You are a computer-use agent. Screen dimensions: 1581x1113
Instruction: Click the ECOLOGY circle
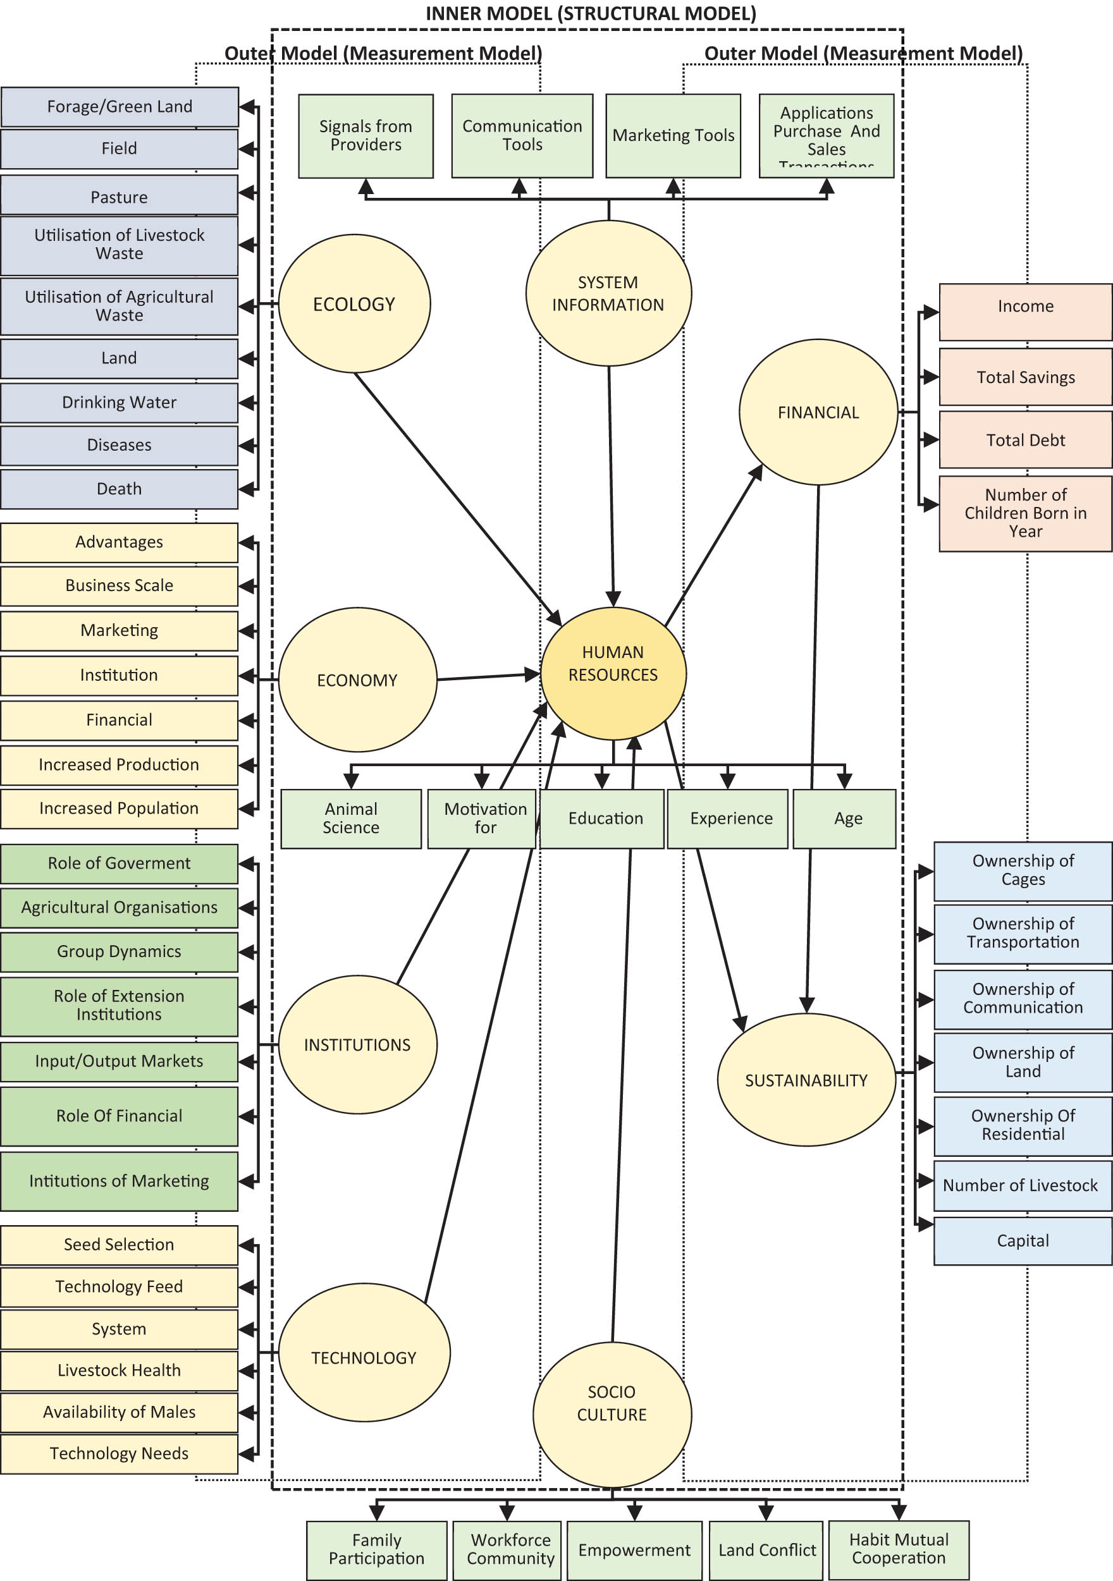click(354, 303)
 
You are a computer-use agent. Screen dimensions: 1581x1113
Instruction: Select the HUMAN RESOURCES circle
click(613, 673)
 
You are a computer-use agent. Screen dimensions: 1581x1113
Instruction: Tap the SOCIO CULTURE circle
click(612, 1413)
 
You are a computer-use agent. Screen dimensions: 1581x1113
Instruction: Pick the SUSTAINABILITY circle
click(806, 1080)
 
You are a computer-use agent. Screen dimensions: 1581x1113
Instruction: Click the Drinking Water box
click(119, 403)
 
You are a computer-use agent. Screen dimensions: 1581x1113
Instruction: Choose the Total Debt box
click(1025, 440)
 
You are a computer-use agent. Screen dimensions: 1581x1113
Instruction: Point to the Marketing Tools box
click(673, 136)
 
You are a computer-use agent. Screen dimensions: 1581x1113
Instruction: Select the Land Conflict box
click(766, 1550)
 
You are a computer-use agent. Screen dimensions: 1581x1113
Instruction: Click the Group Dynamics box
click(119, 951)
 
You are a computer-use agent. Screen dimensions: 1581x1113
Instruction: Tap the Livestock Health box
click(119, 1370)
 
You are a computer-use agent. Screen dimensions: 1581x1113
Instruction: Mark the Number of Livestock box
click(1022, 1185)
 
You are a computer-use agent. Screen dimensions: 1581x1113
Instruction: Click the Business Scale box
click(119, 586)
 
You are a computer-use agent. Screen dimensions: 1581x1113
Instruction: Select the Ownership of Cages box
click(1022, 870)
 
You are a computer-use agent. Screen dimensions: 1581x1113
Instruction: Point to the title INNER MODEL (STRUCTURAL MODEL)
click(590, 14)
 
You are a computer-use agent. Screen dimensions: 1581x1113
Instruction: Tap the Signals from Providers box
click(366, 136)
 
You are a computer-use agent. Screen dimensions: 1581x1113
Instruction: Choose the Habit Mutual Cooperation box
click(898, 1549)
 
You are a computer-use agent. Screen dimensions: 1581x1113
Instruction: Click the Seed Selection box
click(119, 1244)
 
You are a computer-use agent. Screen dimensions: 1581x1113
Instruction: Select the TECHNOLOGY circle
click(364, 1357)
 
